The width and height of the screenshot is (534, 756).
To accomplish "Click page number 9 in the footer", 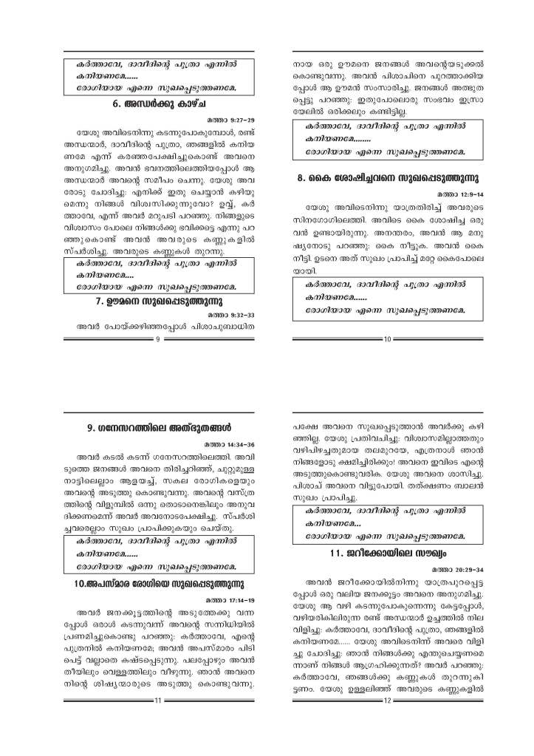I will click(x=159, y=338).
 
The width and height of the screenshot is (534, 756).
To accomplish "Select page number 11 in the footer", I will click(x=159, y=721).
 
